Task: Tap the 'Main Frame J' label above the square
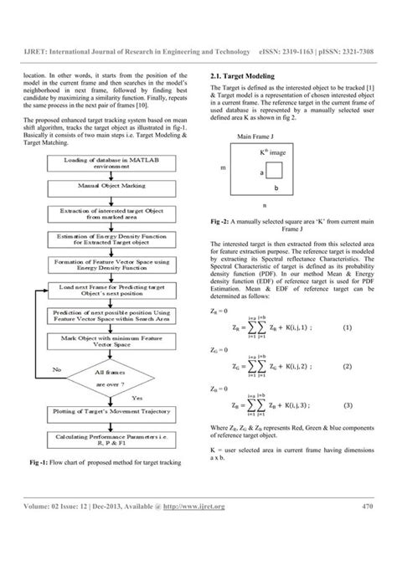coord(257,136)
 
